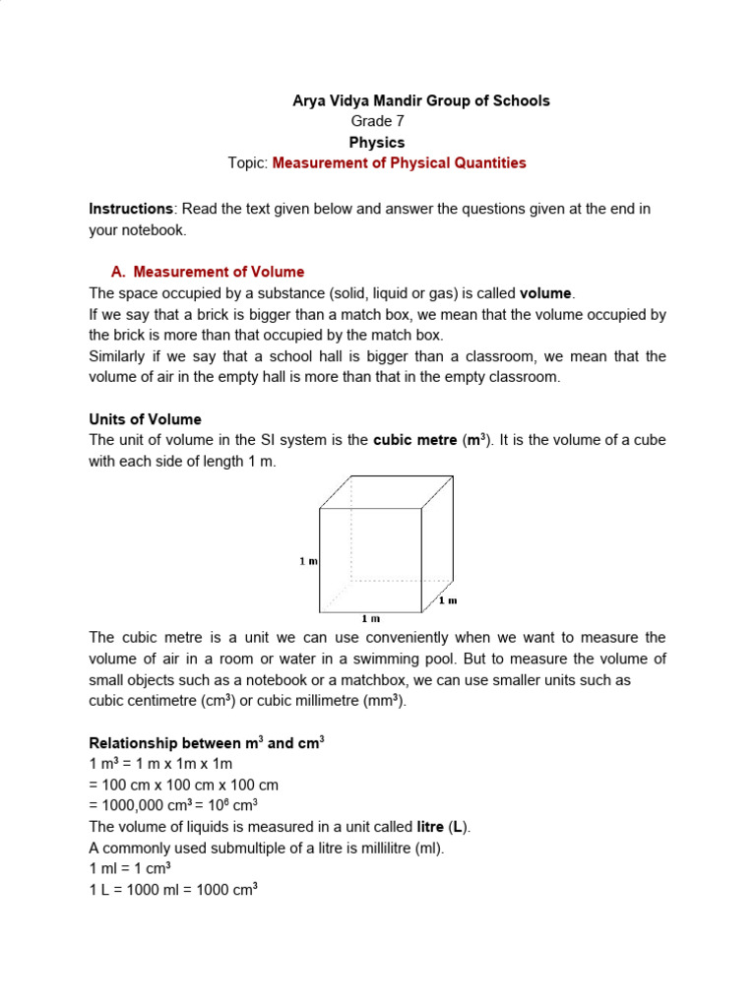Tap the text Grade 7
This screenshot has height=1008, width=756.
tap(377, 121)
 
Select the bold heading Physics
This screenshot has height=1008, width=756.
tap(377, 142)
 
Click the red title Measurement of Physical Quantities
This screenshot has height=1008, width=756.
tap(399, 162)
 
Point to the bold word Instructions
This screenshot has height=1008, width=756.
tap(131, 209)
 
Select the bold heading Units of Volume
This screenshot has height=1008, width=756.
tap(145, 418)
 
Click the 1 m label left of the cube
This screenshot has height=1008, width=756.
tap(309, 561)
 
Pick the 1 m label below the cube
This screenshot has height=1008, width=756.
tap(370, 618)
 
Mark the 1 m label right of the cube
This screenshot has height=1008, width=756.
tap(448, 599)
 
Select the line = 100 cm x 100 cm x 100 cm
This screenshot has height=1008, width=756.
tap(184, 785)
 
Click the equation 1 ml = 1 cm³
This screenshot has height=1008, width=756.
tap(130, 867)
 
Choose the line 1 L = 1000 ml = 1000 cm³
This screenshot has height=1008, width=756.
tap(173, 888)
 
